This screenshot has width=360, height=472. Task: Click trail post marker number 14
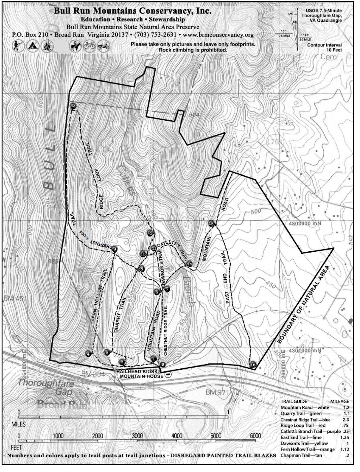pyautogui.click(x=73, y=106)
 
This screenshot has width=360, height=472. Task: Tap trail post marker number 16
pyautogui.click(x=253, y=365)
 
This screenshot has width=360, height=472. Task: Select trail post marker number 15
pyautogui.click(x=211, y=223)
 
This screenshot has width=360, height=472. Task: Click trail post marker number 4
pyautogui.click(x=88, y=354)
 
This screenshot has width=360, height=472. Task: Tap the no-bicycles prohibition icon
pyautogui.click(x=89, y=46)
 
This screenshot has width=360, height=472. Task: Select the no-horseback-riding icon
pyautogui.click(x=76, y=46)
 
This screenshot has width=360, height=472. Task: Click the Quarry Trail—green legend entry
pyautogui.click(x=301, y=414)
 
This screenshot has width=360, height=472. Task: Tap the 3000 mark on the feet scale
pyautogui.click(x=137, y=436)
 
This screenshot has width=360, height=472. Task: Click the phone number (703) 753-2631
pyautogui.click(x=155, y=35)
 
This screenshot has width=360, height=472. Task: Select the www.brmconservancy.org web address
pyautogui.click(x=218, y=35)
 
